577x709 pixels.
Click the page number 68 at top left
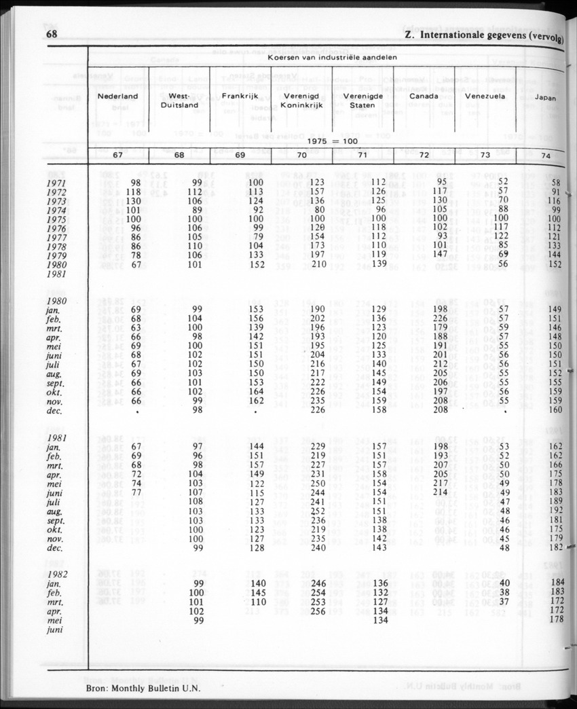[52, 35]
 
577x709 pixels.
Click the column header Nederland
[117, 96]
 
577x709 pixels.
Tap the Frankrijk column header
[240, 96]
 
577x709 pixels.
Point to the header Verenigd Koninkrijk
[301, 101]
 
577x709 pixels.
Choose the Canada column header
[423, 96]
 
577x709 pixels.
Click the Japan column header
[546, 98]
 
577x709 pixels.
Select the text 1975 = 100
[332, 141]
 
